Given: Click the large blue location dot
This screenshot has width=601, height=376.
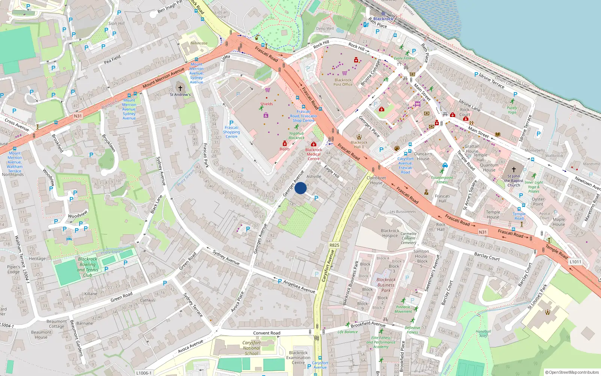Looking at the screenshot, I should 300,188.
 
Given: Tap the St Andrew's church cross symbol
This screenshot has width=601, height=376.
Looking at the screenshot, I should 180,88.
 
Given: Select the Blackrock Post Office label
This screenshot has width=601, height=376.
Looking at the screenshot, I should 343,82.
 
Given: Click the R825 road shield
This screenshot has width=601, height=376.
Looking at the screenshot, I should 334,245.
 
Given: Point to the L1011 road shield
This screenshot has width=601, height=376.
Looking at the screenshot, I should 575,262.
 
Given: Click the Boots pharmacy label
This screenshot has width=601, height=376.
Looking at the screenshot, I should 284,149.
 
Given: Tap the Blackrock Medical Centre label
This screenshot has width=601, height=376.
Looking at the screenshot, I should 314,154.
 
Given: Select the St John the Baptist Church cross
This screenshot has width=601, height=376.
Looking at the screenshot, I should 514,170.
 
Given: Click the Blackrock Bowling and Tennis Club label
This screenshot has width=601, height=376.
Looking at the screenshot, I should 88,267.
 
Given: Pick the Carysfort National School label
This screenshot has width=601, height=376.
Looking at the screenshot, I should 251,348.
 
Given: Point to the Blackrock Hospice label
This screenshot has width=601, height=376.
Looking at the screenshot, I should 390,233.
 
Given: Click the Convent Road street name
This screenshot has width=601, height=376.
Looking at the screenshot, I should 267,333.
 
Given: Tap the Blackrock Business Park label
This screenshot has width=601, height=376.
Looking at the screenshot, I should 386,285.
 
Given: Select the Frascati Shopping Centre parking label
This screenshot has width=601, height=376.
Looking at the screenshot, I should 231,132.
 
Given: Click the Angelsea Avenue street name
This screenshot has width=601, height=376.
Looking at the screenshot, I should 299,287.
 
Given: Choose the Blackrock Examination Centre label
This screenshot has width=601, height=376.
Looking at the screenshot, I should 298,358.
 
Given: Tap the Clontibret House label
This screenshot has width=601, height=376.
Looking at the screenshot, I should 376,180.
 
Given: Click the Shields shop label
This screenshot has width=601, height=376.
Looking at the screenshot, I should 266,104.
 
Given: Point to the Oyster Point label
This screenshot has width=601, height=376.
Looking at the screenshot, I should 538,202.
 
